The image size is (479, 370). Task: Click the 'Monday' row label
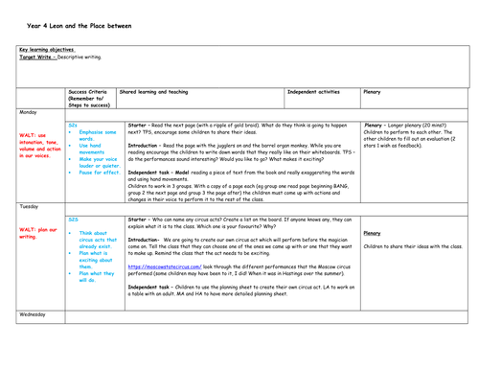30,112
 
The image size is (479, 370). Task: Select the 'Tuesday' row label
31,206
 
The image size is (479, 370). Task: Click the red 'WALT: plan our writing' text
38,232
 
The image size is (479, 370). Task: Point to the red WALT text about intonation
41,144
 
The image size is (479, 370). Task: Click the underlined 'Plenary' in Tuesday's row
375,232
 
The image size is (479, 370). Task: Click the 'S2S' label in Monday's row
73,125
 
